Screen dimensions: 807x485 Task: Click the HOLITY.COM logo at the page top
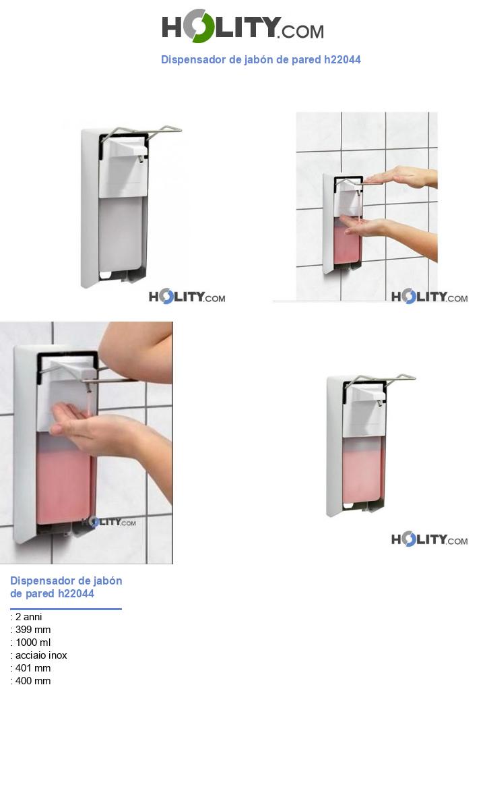[x=243, y=26]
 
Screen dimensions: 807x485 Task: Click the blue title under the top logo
[x=261, y=59]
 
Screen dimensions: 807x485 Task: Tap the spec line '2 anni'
[x=28, y=617]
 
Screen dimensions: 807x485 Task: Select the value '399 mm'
[x=32, y=630]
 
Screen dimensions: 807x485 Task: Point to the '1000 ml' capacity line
[x=32, y=642]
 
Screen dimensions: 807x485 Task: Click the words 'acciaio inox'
[x=40, y=655]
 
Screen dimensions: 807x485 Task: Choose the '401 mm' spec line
[x=32, y=668]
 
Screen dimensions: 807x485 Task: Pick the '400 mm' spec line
[x=32, y=681]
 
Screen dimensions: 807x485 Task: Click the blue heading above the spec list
[x=66, y=587]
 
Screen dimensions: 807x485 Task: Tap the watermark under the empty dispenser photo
[x=187, y=297]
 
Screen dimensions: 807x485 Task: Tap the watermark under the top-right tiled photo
[x=429, y=297]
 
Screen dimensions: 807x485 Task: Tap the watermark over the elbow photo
[x=108, y=522]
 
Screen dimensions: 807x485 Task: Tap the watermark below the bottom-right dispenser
[x=429, y=539]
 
